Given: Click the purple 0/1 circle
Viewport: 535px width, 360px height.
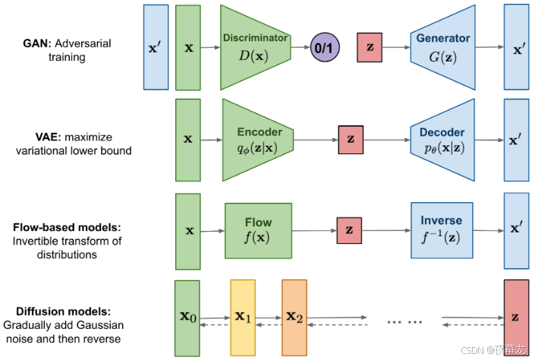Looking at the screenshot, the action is pyautogui.click(x=325, y=47).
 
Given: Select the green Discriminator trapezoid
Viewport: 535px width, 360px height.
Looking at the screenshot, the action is pyautogui.click(x=256, y=48).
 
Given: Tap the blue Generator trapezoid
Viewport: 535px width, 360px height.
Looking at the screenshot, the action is pyautogui.click(x=443, y=48).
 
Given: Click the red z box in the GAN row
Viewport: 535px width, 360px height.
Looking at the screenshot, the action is pyautogui.click(x=370, y=48).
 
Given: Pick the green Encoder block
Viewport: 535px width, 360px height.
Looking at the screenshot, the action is pyautogui.click(x=258, y=140).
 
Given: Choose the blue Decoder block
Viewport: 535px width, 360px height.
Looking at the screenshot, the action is pyautogui.click(x=442, y=140).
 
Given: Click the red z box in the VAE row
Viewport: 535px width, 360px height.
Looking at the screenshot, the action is pyautogui.click(x=351, y=140).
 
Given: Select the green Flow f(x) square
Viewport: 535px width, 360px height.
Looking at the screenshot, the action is pyautogui.click(x=258, y=231).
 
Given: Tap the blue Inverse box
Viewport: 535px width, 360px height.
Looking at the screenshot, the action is pyautogui.click(x=442, y=231).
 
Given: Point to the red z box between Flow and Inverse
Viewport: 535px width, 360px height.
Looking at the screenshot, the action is pyautogui.click(x=349, y=231).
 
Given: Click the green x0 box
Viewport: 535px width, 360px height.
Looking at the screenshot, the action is pyautogui.click(x=187, y=318).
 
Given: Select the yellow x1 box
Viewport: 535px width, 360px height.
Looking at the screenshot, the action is pyautogui.click(x=243, y=318).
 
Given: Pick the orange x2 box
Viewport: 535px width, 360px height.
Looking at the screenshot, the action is pyautogui.click(x=294, y=318).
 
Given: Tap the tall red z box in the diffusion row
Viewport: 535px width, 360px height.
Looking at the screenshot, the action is pyautogui.click(x=517, y=318).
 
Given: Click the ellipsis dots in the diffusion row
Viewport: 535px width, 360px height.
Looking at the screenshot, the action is pyautogui.click(x=404, y=322).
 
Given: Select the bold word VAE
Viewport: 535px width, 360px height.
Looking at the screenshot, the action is pyautogui.click(x=48, y=137).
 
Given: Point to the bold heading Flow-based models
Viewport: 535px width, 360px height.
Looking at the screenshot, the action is pyautogui.click(x=67, y=227).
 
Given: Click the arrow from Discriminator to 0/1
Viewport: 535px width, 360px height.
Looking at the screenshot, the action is pyautogui.click(x=301, y=47).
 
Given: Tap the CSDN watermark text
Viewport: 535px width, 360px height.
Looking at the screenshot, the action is pyautogui.click(x=493, y=350).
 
